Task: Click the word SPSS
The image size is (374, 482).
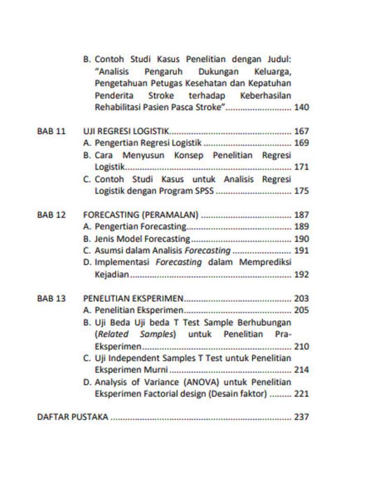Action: pos(203,191)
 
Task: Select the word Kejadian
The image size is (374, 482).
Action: pos(111,275)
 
